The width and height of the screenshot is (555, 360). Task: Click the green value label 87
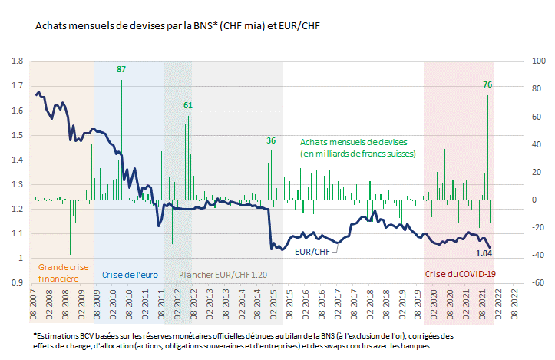pyautogui.click(x=121, y=70)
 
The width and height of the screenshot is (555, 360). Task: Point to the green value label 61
pyautogui.click(x=188, y=104)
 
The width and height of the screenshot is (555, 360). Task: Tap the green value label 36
pyautogui.click(x=271, y=140)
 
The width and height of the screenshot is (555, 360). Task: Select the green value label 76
pyautogui.click(x=487, y=84)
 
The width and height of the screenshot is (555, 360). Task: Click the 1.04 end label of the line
pyautogui.click(x=484, y=253)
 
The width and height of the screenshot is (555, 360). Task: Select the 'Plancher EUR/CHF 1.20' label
pyautogui.click(x=223, y=273)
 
